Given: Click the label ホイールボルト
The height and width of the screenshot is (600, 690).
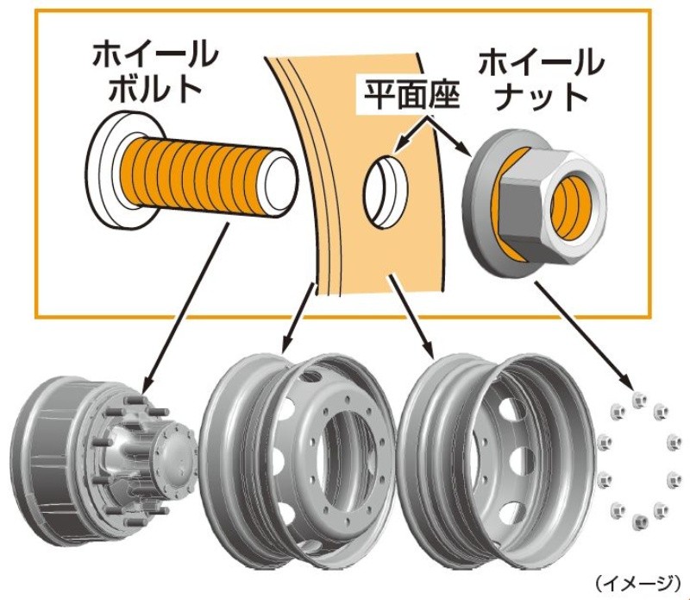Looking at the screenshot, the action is click(x=155, y=72).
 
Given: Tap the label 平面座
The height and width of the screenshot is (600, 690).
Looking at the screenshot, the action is click(x=412, y=95).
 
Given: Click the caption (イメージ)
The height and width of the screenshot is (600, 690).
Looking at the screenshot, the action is click(x=637, y=583).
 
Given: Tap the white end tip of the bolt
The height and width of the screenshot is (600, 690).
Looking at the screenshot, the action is click(x=280, y=182).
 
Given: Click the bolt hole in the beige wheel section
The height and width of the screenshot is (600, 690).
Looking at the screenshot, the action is click(x=386, y=192).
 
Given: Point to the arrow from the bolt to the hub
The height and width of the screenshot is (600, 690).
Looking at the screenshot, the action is click(x=186, y=309).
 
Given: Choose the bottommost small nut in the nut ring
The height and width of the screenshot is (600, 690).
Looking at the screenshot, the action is click(x=639, y=522).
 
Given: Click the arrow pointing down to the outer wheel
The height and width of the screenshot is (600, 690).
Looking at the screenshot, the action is click(x=411, y=316).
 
